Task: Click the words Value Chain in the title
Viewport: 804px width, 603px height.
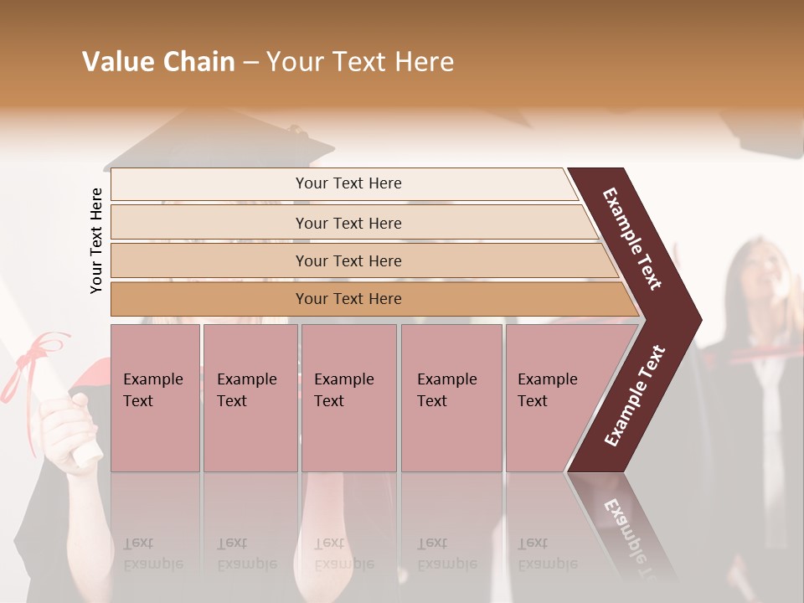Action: pyautogui.click(x=158, y=62)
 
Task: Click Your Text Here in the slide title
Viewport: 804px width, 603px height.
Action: pyautogui.click(x=360, y=62)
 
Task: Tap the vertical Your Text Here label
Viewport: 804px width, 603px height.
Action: pyautogui.click(x=96, y=240)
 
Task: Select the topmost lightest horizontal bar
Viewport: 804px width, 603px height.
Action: pyautogui.click(x=348, y=183)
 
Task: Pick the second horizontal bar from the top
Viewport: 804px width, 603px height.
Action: pyautogui.click(x=348, y=223)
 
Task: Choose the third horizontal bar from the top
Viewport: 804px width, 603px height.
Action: pyautogui.click(x=348, y=260)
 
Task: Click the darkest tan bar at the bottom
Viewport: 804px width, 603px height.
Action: pyautogui.click(x=348, y=299)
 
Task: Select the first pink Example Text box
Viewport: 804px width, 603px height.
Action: pyautogui.click(x=155, y=398)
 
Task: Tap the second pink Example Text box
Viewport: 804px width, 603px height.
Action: pyautogui.click(x=250, y=398)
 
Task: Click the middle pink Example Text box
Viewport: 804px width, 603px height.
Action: pyautogui.click(x=348, y=398)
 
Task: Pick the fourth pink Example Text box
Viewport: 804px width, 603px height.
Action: pyautogui.click(x=451, y=398)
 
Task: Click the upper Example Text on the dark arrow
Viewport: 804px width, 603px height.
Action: pyautogui.click(x=632, y=239)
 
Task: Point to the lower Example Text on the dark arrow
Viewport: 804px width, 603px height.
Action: pyautogui.click(x=635, y=395)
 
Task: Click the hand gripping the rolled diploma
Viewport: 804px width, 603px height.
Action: pyautogui.click(x=67, y=427)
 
